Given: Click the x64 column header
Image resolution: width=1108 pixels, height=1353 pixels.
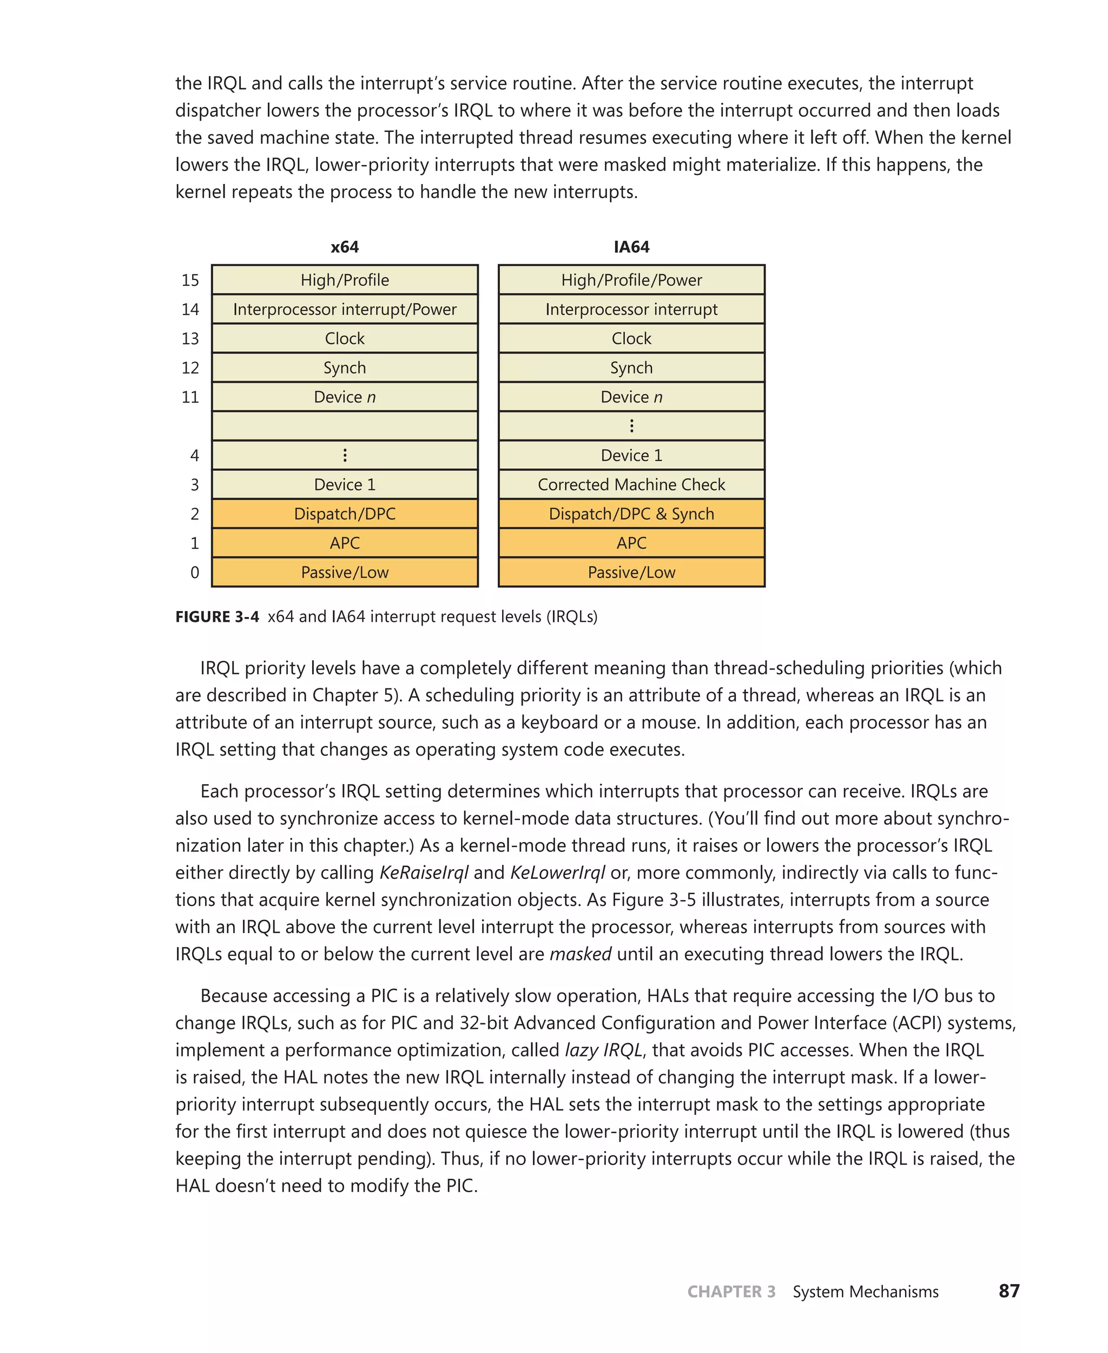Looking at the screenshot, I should tap(345, 247).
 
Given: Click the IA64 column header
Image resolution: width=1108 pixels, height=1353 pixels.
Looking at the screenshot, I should tap(631, 247).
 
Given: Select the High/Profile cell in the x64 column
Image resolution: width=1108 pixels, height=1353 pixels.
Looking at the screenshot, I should tap(345, 280).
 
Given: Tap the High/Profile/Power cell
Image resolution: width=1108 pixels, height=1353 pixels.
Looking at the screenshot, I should tap(631, 280).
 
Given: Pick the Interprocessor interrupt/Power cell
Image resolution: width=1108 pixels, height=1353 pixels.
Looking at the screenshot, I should tap(345, 309).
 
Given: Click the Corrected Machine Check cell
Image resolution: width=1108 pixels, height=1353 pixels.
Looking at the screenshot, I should tap(631, 484).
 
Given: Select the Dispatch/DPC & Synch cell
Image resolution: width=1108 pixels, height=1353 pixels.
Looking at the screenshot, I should tap(631, 514).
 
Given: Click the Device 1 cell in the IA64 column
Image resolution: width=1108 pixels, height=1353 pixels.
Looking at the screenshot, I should tap(631, 455).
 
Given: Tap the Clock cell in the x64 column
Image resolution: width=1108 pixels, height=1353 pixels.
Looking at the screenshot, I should tap(345, 338).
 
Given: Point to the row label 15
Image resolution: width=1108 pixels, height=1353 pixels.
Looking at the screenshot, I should tap(190, 280).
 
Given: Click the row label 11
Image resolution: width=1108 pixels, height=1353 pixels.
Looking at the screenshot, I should tap(190, 397).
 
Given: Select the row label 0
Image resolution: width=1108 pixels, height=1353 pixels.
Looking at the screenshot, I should tap(195, 573).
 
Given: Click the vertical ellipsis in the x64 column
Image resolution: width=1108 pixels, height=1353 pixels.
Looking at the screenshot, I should tap(345, 455).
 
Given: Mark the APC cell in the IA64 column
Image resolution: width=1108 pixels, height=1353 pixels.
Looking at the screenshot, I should tap(631, 543).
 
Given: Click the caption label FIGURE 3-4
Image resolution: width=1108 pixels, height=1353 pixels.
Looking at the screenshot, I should tap(217, 617).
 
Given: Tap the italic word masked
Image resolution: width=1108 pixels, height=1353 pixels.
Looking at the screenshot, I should tap(580, 954).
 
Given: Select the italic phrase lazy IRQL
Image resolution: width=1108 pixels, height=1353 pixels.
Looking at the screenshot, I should tap(603, 1050).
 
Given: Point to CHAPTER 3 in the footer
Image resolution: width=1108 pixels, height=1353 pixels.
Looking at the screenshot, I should tap(731, 1292).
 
